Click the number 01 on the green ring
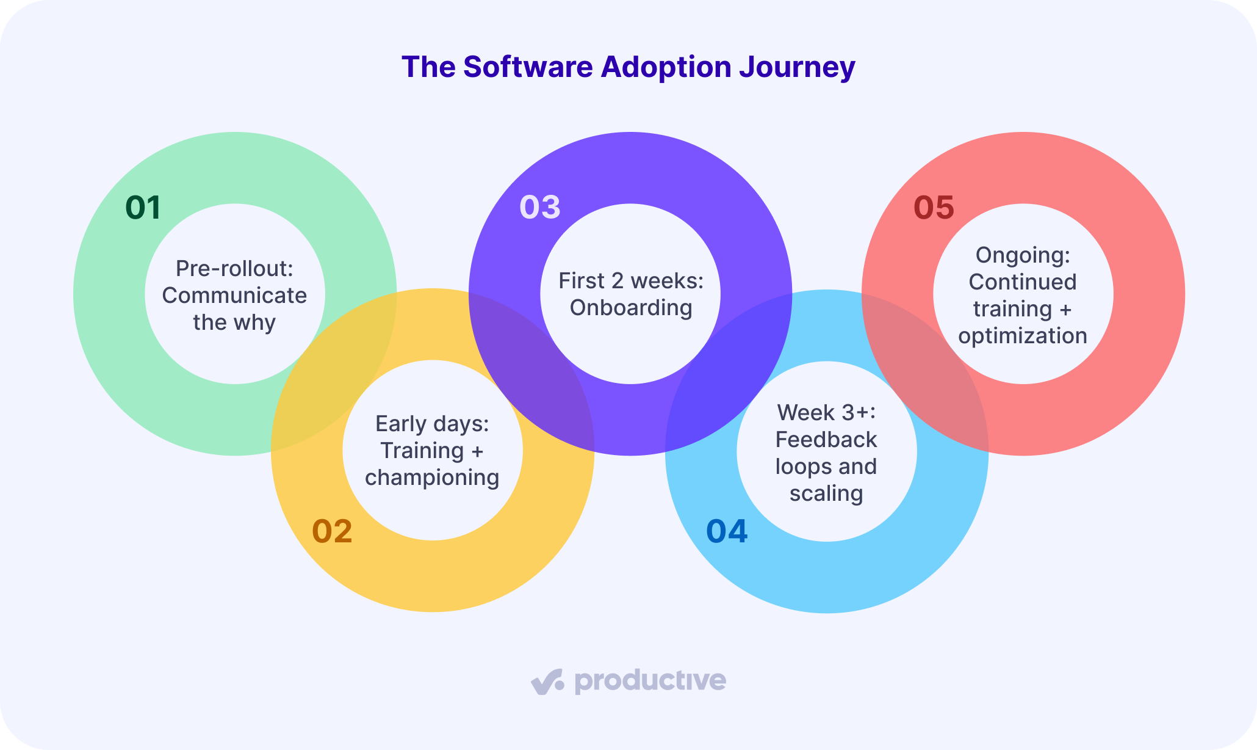pos(143,208)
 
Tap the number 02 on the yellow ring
pos(333,531)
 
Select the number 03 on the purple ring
pos(540,207)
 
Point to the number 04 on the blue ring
pos(727,531)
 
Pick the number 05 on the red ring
pos(934,208)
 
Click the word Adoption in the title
pos(666,67)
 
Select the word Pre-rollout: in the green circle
pos(235,268)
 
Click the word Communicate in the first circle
pos(235,296)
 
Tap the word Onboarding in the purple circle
pos(631,308)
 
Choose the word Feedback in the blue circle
pos(826,440)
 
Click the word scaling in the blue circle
pos(826,493)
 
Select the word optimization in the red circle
pos(1023,336)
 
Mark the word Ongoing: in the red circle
pos(1023,255)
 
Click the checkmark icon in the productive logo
pos(547,682)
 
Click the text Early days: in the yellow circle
pos(433,424)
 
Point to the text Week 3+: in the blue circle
pos(826,413)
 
